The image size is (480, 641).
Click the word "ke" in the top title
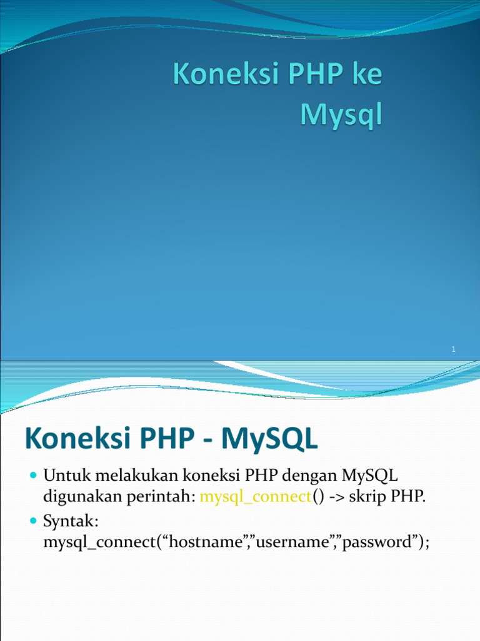tap(363, 76)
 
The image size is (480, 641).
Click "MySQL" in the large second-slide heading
tap(275, 438)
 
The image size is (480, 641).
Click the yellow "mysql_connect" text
tap(256, 498)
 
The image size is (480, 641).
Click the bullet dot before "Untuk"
tap(34, 478)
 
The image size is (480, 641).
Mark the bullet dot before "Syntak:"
tap(34, 521)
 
